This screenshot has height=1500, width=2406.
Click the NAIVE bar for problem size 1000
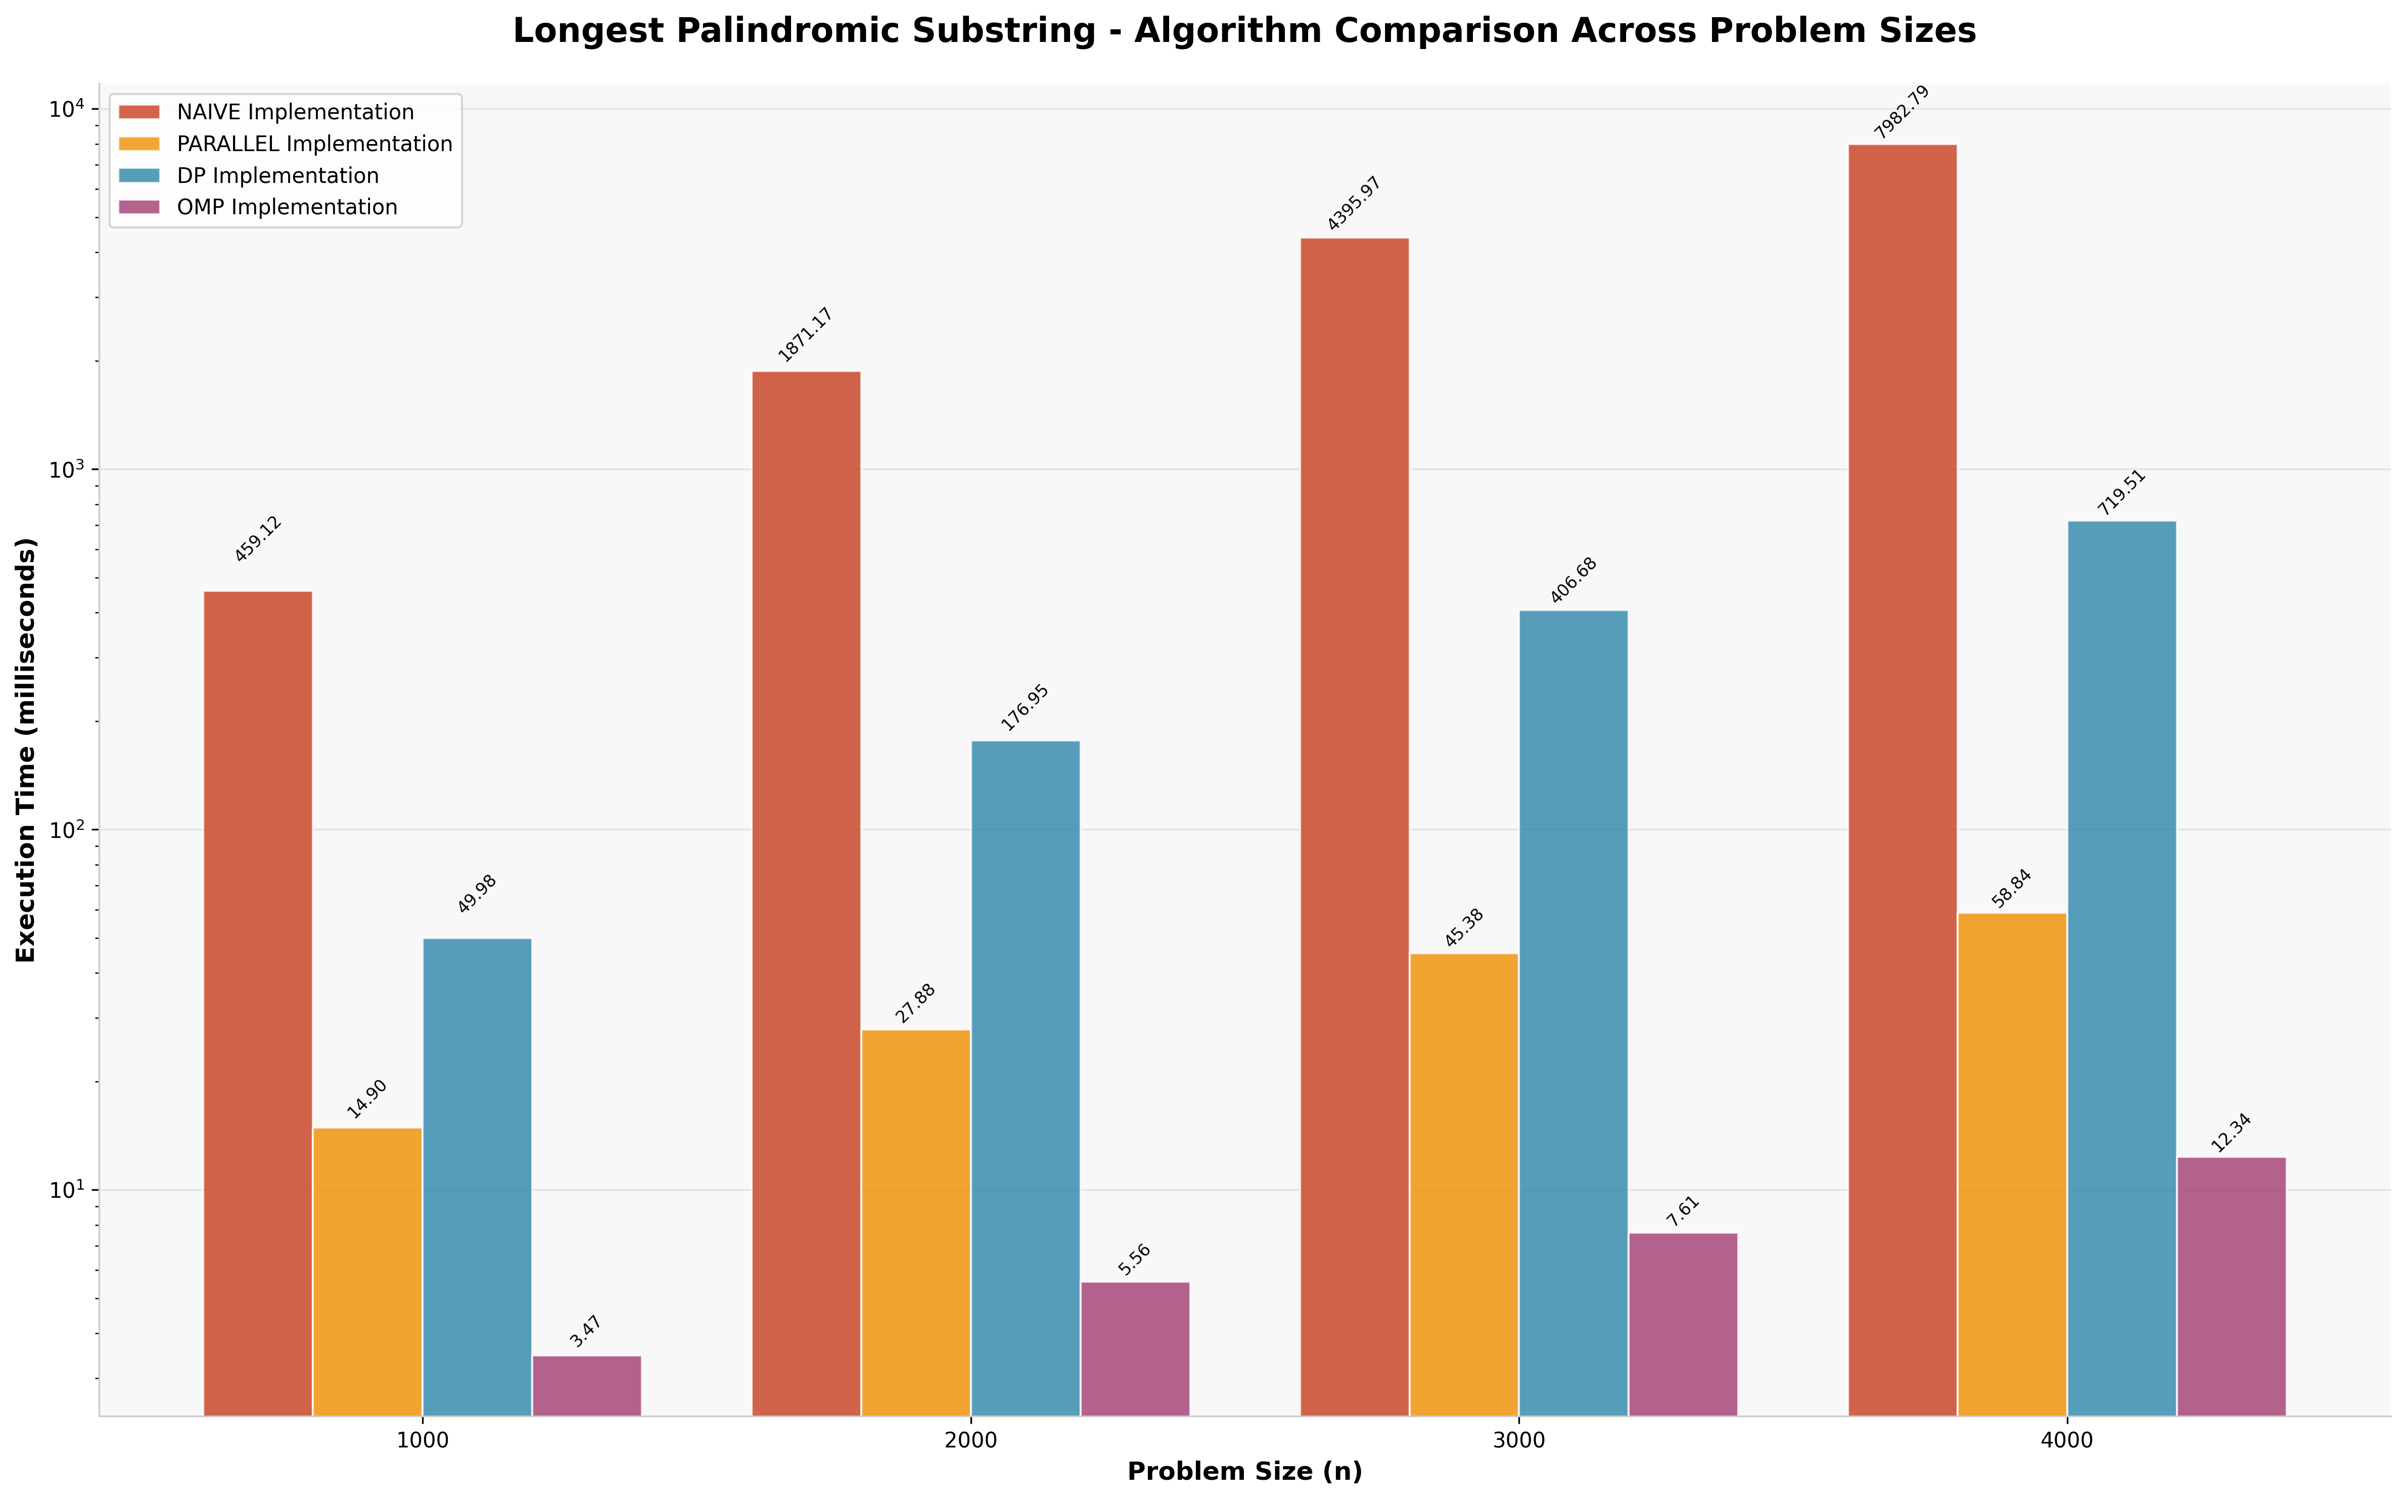click(x=258, y=1002)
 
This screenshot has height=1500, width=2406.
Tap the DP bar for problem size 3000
click(x=1574, y=1012)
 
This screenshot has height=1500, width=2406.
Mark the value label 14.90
click(x=367, y=1099)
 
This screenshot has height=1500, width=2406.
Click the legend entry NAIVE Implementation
click(x=295, y=112)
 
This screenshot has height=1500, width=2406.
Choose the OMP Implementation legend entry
click(x=287, y=207)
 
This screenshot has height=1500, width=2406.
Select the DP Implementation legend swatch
click(x=139, y=175)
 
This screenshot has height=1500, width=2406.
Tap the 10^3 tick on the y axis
click(x=69, y=469)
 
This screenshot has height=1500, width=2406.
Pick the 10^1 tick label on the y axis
click(x=69, y=1190)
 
